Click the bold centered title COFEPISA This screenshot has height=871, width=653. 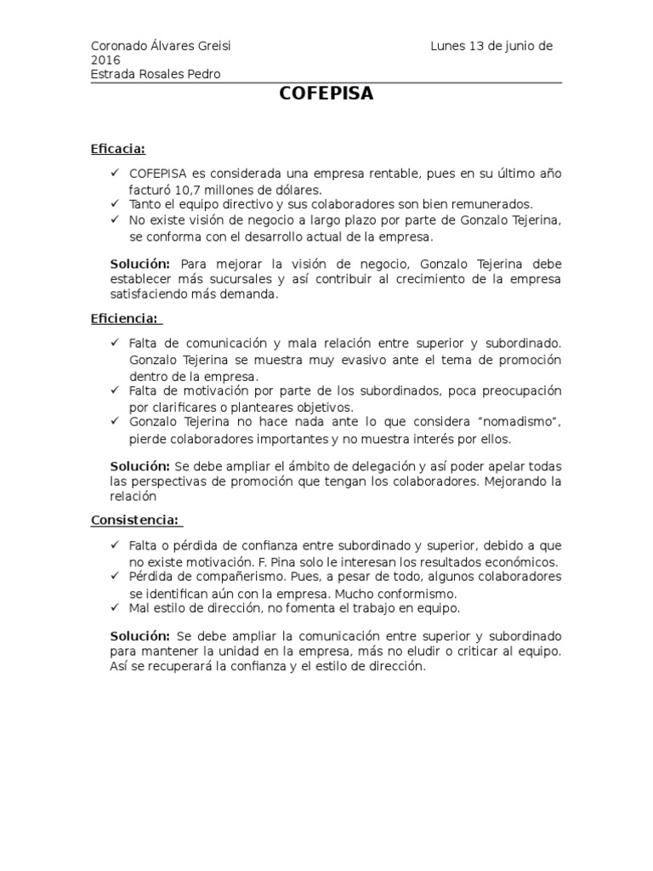[x=326, y=94]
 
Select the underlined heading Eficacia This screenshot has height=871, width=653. [x=117, y=149]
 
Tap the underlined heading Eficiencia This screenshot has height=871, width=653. [x=124, y=318]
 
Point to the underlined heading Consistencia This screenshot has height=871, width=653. [x=134, y=520]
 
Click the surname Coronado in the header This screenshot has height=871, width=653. [x=118, y=46]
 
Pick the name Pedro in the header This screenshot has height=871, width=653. [x=204, y=74]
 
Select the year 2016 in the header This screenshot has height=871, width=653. [x=105, y=60]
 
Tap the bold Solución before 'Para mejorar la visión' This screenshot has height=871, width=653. [x=140, y=264]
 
